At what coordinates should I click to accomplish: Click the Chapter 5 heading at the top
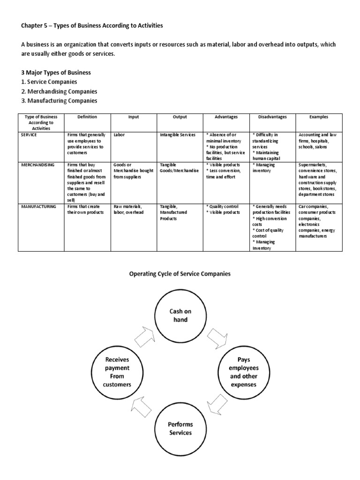tap(92, 26)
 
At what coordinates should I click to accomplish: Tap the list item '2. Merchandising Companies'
tap(59, 91)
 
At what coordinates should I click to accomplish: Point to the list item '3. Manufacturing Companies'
tap(59, 100)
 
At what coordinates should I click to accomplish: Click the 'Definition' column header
tap(88, 117)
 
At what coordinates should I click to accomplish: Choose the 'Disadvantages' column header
tap(272, 117)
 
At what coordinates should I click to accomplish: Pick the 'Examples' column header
tap(319, 117)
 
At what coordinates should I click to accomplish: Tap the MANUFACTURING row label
tap(38, 206)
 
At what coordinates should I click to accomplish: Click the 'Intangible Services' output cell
tap(176, 135)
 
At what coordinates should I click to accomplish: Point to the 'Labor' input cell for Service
tap(119, 135)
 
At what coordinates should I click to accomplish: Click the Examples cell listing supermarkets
tap(319, 180)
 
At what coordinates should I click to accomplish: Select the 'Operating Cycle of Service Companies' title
tap(180, 274)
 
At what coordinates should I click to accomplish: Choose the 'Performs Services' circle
tap(180, 428)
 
